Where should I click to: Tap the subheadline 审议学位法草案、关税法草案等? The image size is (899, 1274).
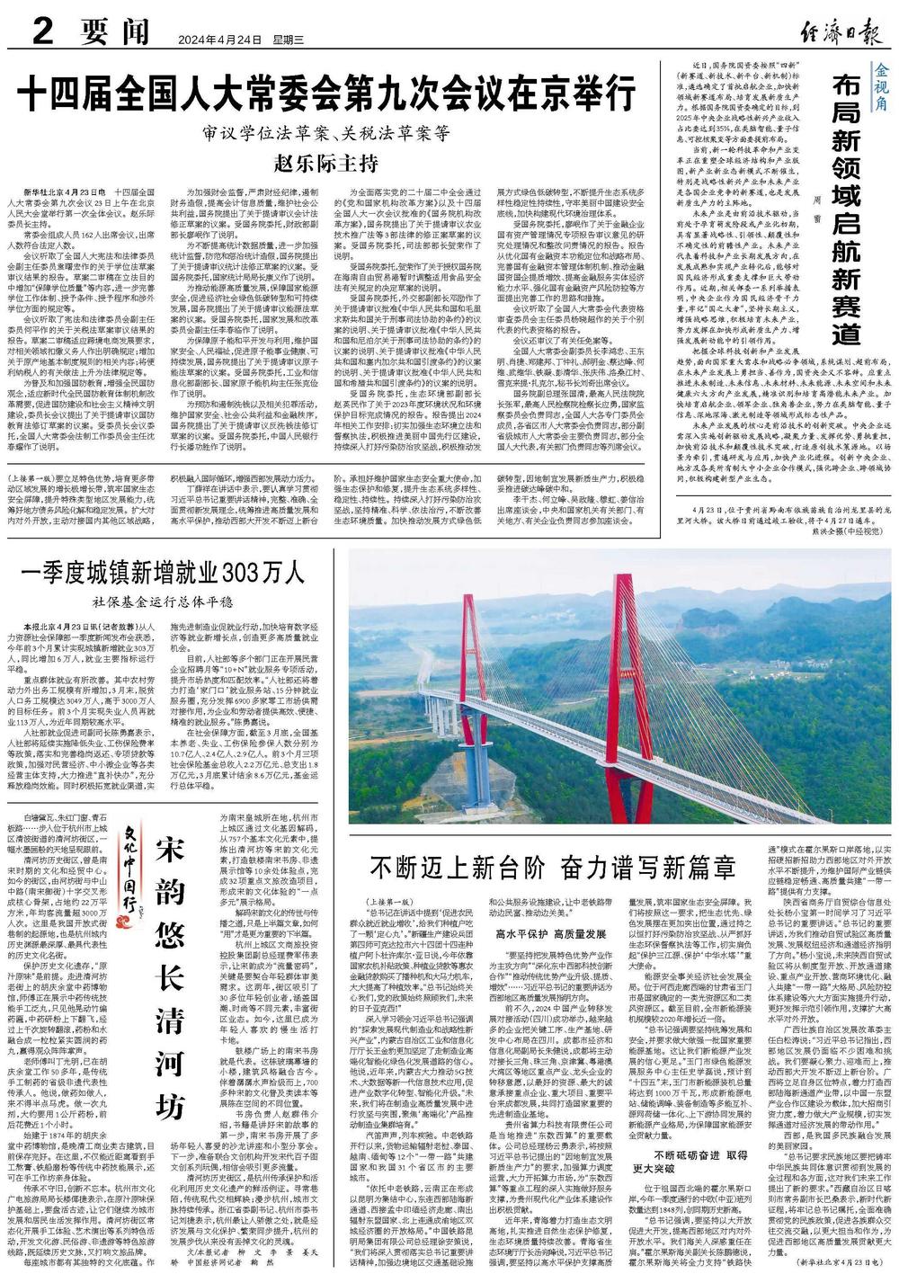[325, 132]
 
